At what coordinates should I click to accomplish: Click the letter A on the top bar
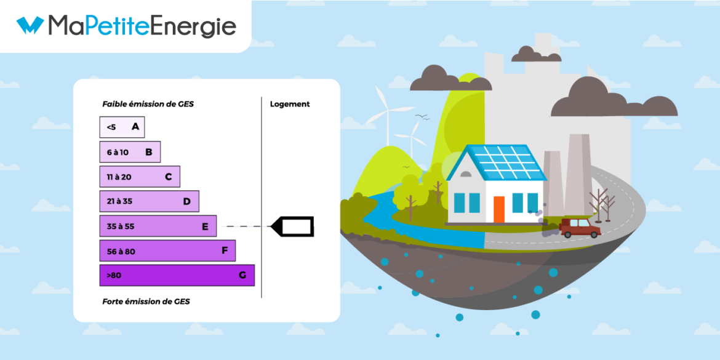pyautogui.click(x=135, y=127)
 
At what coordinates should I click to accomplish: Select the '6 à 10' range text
pyautogui.click(x=118, y=152)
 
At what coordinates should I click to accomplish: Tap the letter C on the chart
pyautogui.click(x=168, y=177)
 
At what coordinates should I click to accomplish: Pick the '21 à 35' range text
pyautogui.click(x=119, y=201)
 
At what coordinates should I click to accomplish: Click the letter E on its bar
pyautogui.click(x=205, y=226)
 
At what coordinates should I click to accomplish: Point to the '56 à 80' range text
pyautogui.click(x=121, y=250)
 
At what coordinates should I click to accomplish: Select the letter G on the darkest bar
pyautogui.click(x=242, y=275)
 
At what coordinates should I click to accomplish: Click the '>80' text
pyautogui.click(x=114, y=275)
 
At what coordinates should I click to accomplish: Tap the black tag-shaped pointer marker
pyautogui.click(x=294, y=226)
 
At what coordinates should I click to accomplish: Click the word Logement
pyautogui.click(x=290, y=104)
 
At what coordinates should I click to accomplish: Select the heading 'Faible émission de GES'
pyautogui.click(x=148, y=104)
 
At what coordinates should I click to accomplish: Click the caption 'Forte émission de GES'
pyautogui.click(x=146, y=302)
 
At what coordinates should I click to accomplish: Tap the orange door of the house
pyautogui.click(x=498, y=209)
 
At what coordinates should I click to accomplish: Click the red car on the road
pyautogui.click(x=579, y=228)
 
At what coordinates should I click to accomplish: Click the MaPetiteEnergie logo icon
pyautogui.click(x=30, y=26)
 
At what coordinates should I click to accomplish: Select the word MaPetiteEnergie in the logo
pyautogui.click(x=142, y=26)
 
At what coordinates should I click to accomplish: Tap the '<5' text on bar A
pyautogui.click(x=111, y=127)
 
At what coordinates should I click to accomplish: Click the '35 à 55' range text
pyautogui.click(x=121, y=226)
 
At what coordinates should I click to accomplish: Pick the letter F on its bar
pyautogui.click(x=225, y=250)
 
